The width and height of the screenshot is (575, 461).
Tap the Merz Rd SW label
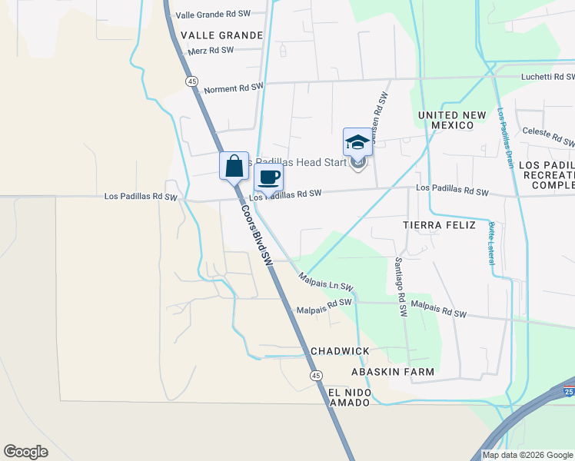(x=210, y=50)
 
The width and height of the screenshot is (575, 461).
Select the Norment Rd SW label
(x=234, y=88)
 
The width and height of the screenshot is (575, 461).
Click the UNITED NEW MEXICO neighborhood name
(x=452, y=120)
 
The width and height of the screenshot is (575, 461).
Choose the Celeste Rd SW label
(x=548, y=137)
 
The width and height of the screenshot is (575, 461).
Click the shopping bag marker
(x=234, y=165)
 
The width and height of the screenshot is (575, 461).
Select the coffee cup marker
(x=268, y=177)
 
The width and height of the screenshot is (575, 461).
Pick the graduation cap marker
(x=357, y=142)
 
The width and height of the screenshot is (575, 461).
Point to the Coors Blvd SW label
(x=257, y=235)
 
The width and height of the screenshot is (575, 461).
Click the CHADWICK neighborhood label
(x=340, y=351)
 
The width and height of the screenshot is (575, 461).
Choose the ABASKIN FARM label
(x=392, y=372)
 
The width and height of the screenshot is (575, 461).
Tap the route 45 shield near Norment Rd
(x=192, y=81)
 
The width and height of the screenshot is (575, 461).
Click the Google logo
(x=25, y=452)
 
